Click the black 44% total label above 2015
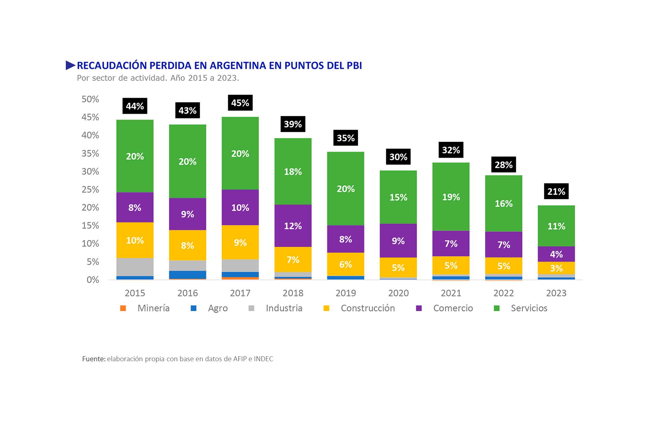coord(135,106)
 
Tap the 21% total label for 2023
coord(556,191)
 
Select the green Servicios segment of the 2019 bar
coord(345,188)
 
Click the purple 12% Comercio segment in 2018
coord(293,225)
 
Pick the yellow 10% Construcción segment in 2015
coord(135,240)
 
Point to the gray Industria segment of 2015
coord(135,267)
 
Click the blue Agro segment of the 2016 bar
coord(187,275)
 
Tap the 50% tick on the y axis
coord(90,99)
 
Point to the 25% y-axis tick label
coord(90,189)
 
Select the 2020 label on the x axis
coord(398,293)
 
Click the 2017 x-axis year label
coord(240,293)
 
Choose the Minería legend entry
coord(153,308)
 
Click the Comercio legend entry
coord(453,308)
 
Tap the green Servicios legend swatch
coord(496,308)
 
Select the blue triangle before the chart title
coord(70,65)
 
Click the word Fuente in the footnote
coord(93,359)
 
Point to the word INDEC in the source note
coord(263,359)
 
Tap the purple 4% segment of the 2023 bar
coord(556,254)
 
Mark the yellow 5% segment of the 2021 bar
coord(451,265)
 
